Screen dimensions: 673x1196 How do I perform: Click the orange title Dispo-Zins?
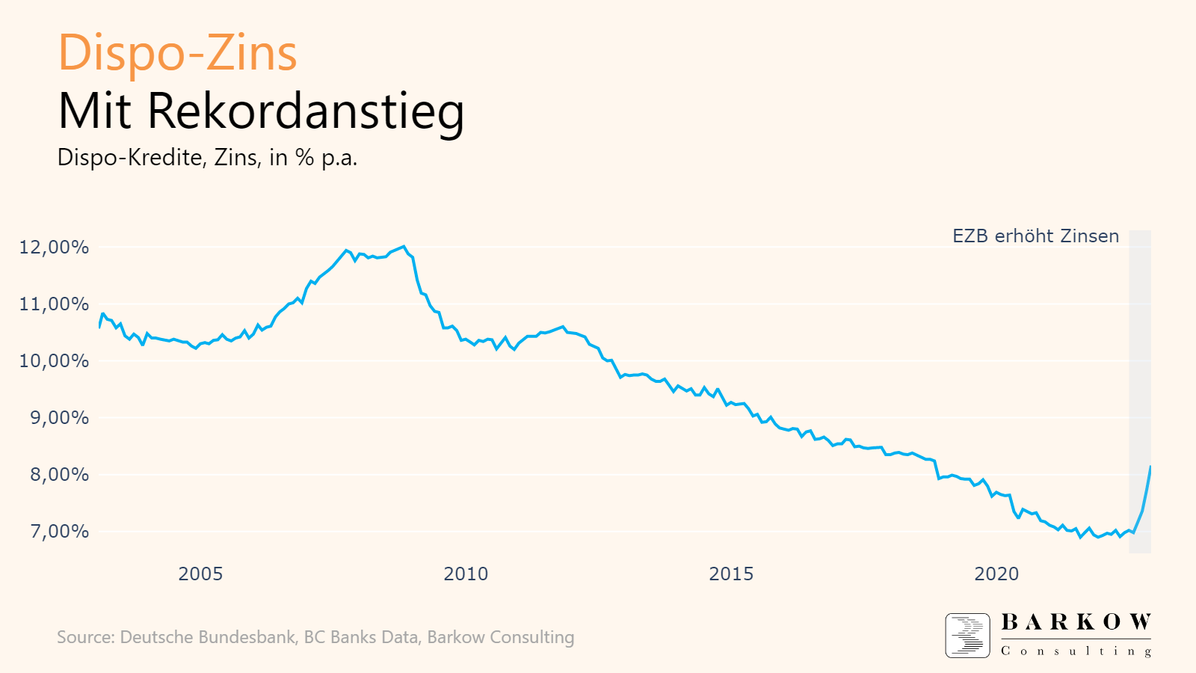pos(177,53)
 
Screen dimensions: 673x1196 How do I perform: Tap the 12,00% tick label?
pos(54,248)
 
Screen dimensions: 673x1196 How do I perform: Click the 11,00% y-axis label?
pos(54,304)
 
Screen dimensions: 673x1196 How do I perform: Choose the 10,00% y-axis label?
pos(54,361)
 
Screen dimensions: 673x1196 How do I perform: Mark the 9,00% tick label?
pos(59,418)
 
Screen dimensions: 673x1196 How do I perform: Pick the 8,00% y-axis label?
pos(59,475)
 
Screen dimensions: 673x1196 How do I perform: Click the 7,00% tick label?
pos(59,532)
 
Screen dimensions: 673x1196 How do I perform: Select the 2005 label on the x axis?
pos(200,574)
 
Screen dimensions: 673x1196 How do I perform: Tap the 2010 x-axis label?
pos(466,574)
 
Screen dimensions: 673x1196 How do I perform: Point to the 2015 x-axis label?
pos(731,574)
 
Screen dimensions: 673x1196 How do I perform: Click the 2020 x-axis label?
pos(996,574)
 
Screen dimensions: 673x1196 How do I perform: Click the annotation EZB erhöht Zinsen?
pos(1035,236)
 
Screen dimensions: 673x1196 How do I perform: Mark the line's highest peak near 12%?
pos(404,246)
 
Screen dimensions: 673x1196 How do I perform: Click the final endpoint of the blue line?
pos(1150,467)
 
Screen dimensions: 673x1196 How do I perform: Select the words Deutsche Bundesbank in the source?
pos(208,637)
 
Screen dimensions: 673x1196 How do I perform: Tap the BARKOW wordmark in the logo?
pos(1076,622)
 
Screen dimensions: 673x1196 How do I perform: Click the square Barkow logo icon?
pos(967,636)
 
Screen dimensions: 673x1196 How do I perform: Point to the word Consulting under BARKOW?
pos(1076,651)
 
